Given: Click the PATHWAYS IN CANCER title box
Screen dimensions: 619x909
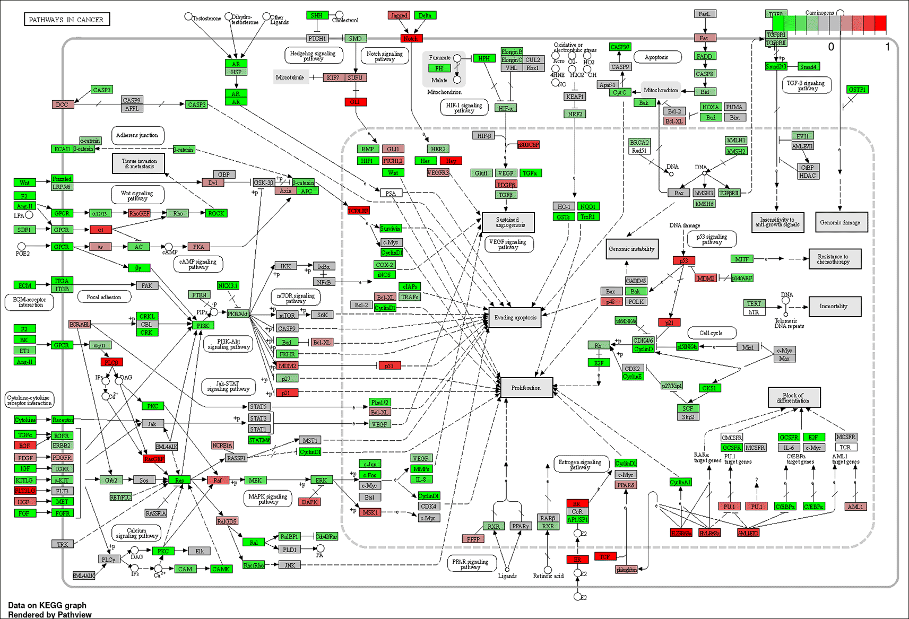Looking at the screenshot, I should click(66, 20).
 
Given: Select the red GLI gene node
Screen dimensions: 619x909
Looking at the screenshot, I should click(355, 102).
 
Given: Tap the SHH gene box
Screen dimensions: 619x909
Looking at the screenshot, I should click(317, 15).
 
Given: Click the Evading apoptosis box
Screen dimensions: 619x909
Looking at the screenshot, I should click(515, 318).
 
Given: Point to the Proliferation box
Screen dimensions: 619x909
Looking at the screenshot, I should click(526, 388).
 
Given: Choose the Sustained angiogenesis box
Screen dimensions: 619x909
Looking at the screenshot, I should click(508, 222).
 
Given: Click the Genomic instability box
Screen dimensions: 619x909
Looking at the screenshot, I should click(631, 249).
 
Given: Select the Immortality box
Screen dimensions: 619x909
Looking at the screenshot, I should click(834, 306).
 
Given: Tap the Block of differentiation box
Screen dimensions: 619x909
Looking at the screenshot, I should click(794, 398).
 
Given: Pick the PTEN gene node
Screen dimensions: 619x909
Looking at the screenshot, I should click(200, 295).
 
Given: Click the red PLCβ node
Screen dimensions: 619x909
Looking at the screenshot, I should click(111, 362).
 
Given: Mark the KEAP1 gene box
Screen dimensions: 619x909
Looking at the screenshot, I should click(575, 97).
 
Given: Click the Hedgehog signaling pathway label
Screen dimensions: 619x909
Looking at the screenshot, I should click(313, 56).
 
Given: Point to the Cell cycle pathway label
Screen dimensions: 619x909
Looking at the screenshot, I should click(711, 333).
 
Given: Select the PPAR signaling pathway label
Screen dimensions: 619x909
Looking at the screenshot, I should click(470, 564).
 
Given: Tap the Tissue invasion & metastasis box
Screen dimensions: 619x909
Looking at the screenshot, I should click(138, 163).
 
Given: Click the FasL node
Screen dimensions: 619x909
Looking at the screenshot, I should click(704, 14).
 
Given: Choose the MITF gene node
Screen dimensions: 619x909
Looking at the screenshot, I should click(742, 259).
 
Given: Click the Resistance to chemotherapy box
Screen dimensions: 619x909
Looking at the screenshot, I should click(834, 259).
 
